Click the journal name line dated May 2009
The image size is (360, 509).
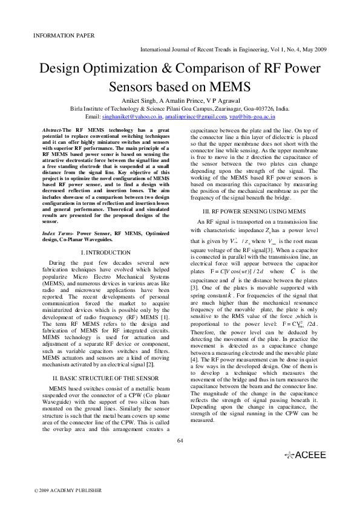tap(234, 48)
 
